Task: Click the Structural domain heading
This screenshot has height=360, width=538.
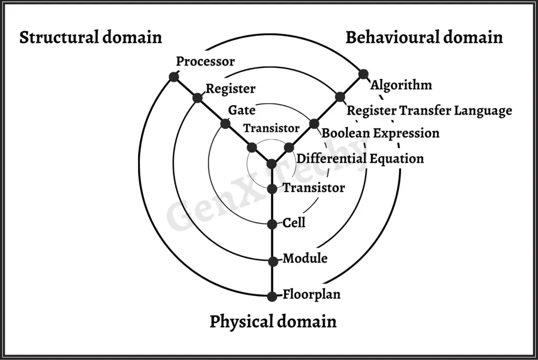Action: pyautogui.click(x=90, y=38)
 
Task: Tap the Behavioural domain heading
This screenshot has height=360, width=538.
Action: pyautogui.click(x=424, y=38)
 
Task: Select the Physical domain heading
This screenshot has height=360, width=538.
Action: pyautogui.click(x=273, y=321)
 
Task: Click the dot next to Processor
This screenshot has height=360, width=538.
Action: pyautogui.click(x=173, y=77)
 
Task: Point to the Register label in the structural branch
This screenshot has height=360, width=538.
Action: pyautogui.click(x=230, y=89)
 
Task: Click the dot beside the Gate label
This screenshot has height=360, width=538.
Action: pyautogui.click(x=225, y=124)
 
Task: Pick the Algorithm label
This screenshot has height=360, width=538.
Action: pyautogui.click(x=401, y=85)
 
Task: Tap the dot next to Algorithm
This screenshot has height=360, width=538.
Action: pyautogui.click(x=363, y=74)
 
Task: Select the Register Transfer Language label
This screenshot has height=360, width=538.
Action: pyautogui.click(x=429, y=111)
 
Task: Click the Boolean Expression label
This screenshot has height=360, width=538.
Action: pyautogui.click(x=380, y=133)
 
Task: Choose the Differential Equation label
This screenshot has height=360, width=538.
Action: pyautogui.click(x=360, y=158)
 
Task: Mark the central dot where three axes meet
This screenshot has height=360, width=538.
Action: pyautogui.click(x=272, y=163)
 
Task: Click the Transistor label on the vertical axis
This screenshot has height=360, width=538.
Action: pyautogui.click(x=314, y=188)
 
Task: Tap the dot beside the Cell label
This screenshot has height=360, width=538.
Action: pyautogui.click(x=272, y=224)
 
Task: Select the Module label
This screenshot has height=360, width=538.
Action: pyautogui.click(x=305, y=259)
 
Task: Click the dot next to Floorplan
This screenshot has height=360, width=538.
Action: pyautogui.click(x=272, y=296)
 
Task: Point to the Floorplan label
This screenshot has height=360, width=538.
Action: pyautogui.click(x=312, y=294)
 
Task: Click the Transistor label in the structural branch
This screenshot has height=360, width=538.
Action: pyautogui.click(x=271, y=128)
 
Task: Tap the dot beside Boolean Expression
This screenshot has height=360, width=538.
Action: pyautogui.click(x=314, y=124)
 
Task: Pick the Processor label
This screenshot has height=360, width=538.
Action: pyautogui.click(x=205, y=61)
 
